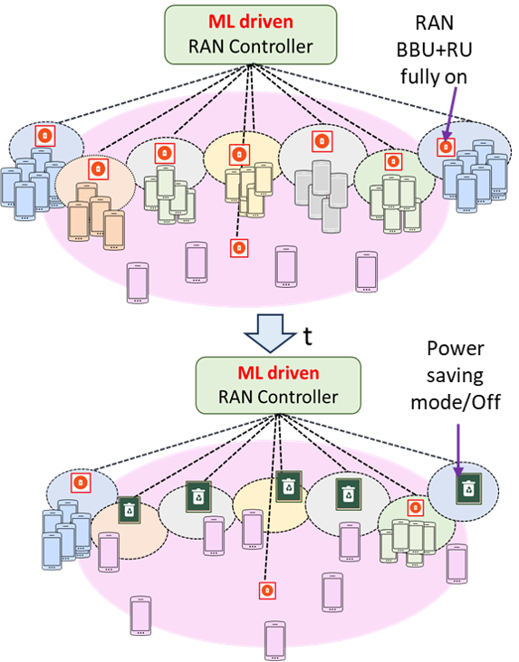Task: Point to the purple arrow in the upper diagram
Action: [452, 114]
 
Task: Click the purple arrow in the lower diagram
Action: [458, 448]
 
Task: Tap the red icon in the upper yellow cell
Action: [238, 153]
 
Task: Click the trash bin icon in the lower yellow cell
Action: [288, 485]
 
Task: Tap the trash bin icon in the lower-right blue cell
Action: [467, 489]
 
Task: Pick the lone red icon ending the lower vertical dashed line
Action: [267, 590]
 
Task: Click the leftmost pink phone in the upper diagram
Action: [137, 281]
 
